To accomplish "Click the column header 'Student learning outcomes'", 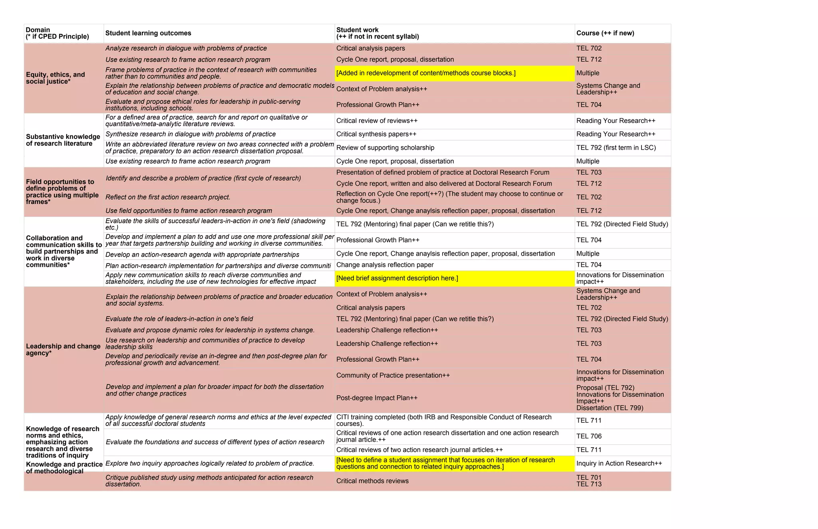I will click(148, 33).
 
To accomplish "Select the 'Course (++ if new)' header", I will click(605, 33).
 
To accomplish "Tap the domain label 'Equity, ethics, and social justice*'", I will click(56, 78).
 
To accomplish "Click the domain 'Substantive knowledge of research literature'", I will click(63, 140).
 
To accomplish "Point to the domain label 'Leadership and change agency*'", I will click(63, 350).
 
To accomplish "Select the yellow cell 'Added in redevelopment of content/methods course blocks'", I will click(426, 73).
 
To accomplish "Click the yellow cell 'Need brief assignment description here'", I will click(397, 278).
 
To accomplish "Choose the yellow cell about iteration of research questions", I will click(445, 464).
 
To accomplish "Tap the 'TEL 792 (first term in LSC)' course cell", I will click(616, 148).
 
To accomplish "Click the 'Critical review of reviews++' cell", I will click(377, 121).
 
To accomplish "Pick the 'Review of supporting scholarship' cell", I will click(385, 148).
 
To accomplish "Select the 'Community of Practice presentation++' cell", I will click(393, 375).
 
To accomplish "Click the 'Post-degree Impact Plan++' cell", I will click(377, 398).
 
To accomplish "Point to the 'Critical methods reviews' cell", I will click(372, 481).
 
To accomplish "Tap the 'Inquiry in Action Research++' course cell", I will click(619, 464).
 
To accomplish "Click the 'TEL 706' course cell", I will click(589, 436).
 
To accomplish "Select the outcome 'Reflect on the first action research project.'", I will click(168, 197).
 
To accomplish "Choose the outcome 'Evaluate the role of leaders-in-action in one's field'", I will click(179, 319).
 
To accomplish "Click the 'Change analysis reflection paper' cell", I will click(385, 265).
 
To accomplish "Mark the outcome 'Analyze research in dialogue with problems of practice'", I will click(186, 48).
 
